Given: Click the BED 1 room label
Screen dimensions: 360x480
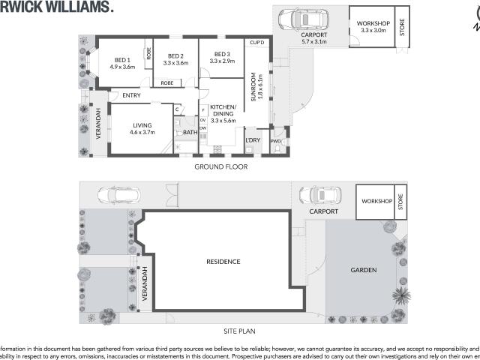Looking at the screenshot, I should (123, 60).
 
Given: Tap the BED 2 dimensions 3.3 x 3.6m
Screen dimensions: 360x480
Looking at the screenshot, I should (175, 64).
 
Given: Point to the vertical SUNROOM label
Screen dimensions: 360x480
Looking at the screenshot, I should (254, 91).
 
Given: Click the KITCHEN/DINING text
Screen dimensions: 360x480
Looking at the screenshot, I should (223, 110).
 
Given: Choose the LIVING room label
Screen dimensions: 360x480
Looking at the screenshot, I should (142, 126).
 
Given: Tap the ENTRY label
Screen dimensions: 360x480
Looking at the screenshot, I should (131, 95).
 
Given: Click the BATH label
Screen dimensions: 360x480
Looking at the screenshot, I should (190, 133).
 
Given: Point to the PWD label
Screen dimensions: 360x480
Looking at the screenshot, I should (276, 140).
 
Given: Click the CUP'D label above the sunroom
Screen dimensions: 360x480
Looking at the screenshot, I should (256, 43).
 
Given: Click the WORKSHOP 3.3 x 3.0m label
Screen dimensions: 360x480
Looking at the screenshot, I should (373, 26).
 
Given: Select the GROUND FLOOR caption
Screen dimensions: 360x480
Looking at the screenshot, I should (220, 166).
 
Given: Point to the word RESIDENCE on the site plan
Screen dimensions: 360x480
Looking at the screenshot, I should (223, 262).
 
